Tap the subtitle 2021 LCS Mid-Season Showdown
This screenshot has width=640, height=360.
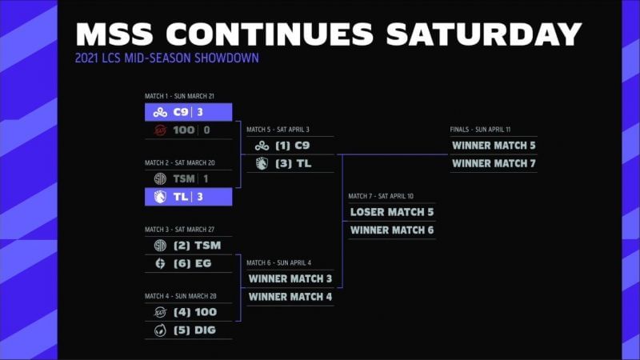click(167, 58)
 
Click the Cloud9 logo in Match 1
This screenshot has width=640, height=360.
click(160, 112)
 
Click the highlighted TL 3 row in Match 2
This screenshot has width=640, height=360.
click(188, 197)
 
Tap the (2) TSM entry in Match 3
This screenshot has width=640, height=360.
click(196, 246)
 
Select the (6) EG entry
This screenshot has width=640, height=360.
click(193, 263)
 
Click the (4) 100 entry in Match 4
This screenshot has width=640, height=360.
click(194, 312)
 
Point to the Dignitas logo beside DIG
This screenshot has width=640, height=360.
click(160, 330)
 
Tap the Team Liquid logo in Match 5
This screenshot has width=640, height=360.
click(262, 163)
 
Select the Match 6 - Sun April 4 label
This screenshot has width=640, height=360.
click(279, 262)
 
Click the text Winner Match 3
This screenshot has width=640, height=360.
click(290, 279)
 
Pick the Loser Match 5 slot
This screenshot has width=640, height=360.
click(392, 213)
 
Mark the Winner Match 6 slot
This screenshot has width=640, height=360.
click(392, 230)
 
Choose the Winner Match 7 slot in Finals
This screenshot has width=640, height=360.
click(494, 163)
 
